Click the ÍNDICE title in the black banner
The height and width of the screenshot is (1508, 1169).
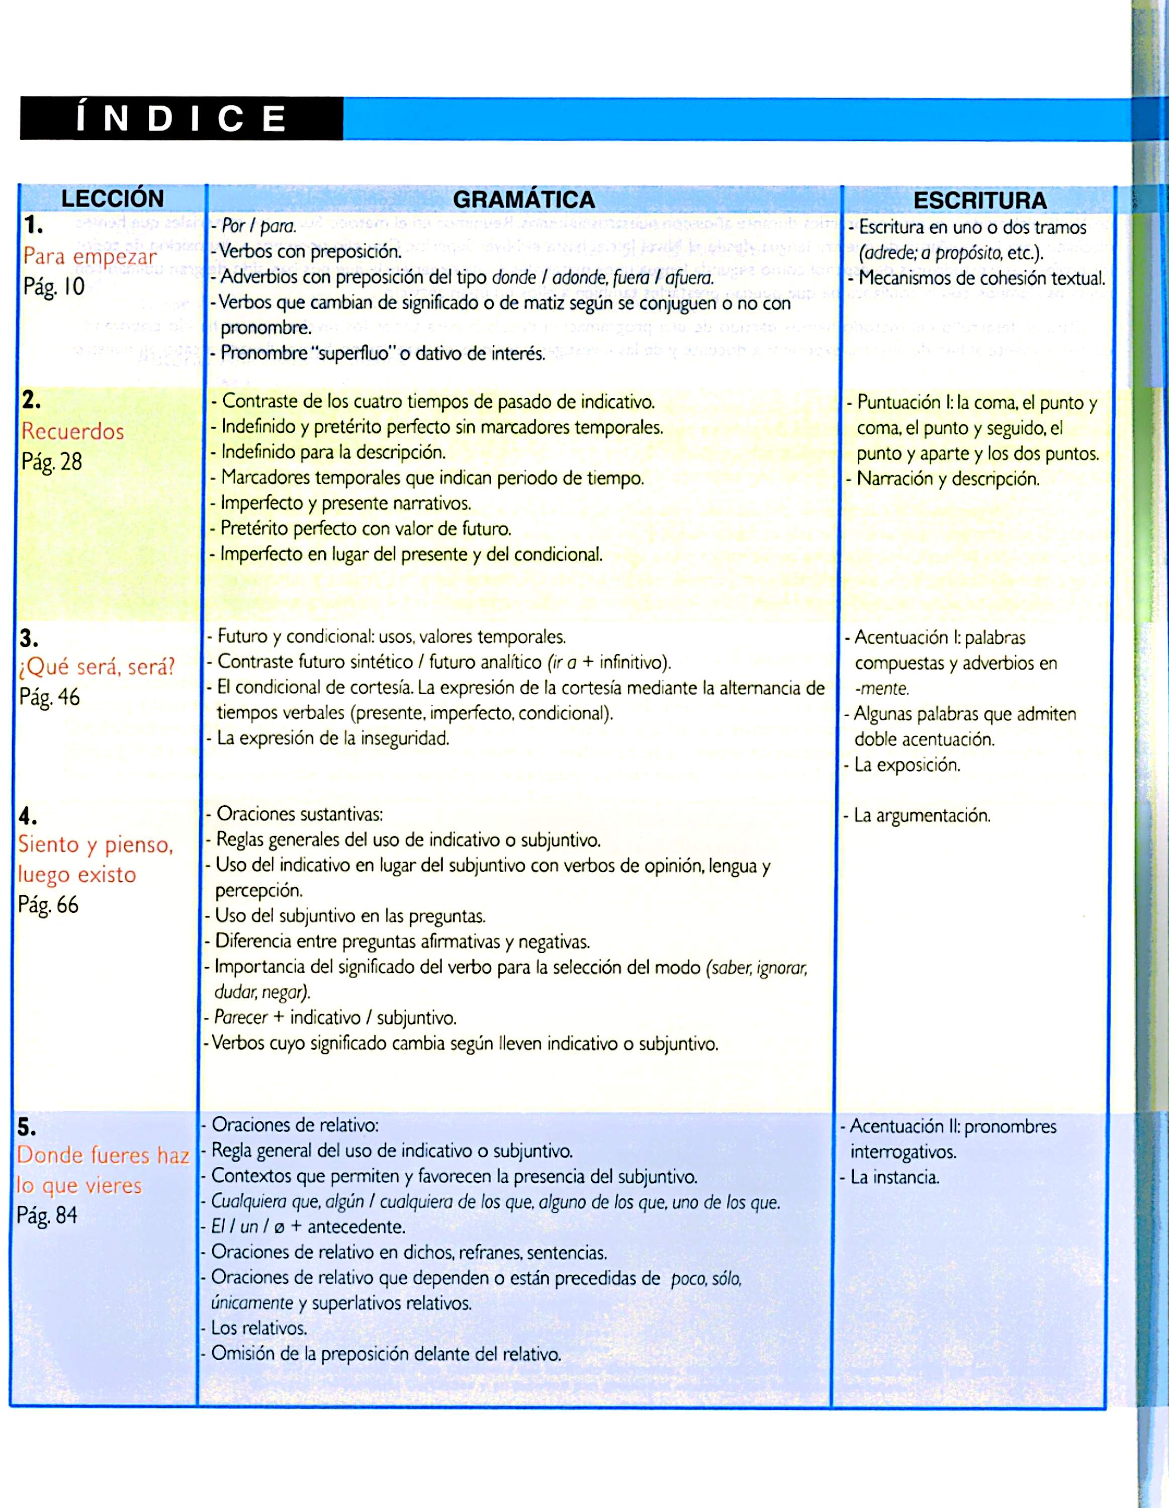[x=181, y=119]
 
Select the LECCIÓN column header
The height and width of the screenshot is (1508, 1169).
[x=113, y=199]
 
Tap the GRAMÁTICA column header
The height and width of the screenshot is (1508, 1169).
[x=523, y=200]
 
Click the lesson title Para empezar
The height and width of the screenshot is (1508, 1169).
[x=90, y=256]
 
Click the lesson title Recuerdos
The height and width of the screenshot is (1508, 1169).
[x=72, y=432]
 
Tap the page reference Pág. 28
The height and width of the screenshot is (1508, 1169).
[x=52, y=461]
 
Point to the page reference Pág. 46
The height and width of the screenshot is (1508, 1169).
[x=50, y=697]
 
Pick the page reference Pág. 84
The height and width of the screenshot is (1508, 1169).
[x=47, y=1215]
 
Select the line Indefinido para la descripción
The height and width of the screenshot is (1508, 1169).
[x=333, y=452]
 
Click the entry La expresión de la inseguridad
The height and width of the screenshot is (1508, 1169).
[x=332, y=738]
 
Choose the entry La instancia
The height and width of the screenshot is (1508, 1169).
[x=894, y=1177]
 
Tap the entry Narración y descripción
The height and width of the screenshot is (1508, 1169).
[x=947, y=479]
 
